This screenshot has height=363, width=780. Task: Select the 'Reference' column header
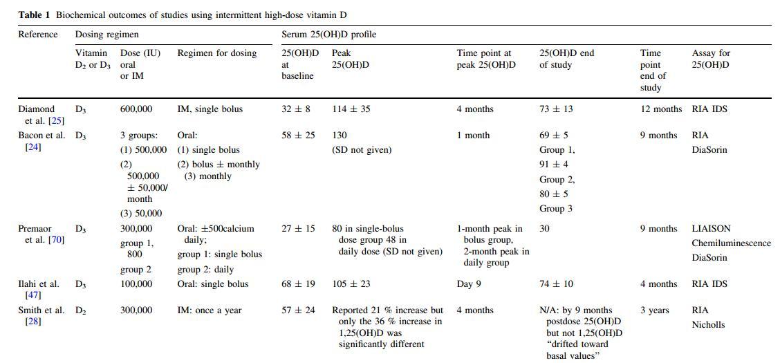[38, 34]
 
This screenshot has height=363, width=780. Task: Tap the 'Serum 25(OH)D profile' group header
[328, 34]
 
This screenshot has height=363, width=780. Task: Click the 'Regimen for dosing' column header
[217, 53]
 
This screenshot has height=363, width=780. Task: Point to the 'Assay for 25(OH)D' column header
[711, 58]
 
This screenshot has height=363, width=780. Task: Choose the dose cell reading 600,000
[136, 109]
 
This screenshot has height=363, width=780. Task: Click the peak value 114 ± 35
[351, 109]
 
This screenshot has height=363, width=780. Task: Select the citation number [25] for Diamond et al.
[56, 120]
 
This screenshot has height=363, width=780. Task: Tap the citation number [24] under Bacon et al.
[33, 147]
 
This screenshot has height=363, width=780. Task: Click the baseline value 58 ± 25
[298, 135]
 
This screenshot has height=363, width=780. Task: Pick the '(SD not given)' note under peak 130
[362, 149]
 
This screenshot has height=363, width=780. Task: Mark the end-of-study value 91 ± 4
[554, 165]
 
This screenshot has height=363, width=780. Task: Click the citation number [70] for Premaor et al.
[56, 240]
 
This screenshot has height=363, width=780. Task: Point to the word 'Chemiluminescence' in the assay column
[731, 243]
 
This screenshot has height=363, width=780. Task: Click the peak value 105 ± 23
[351, 283]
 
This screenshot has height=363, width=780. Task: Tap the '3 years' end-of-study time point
[654, 310]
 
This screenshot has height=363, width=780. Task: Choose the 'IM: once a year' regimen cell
[210, 310]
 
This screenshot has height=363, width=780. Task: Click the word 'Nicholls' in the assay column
[708, 324]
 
